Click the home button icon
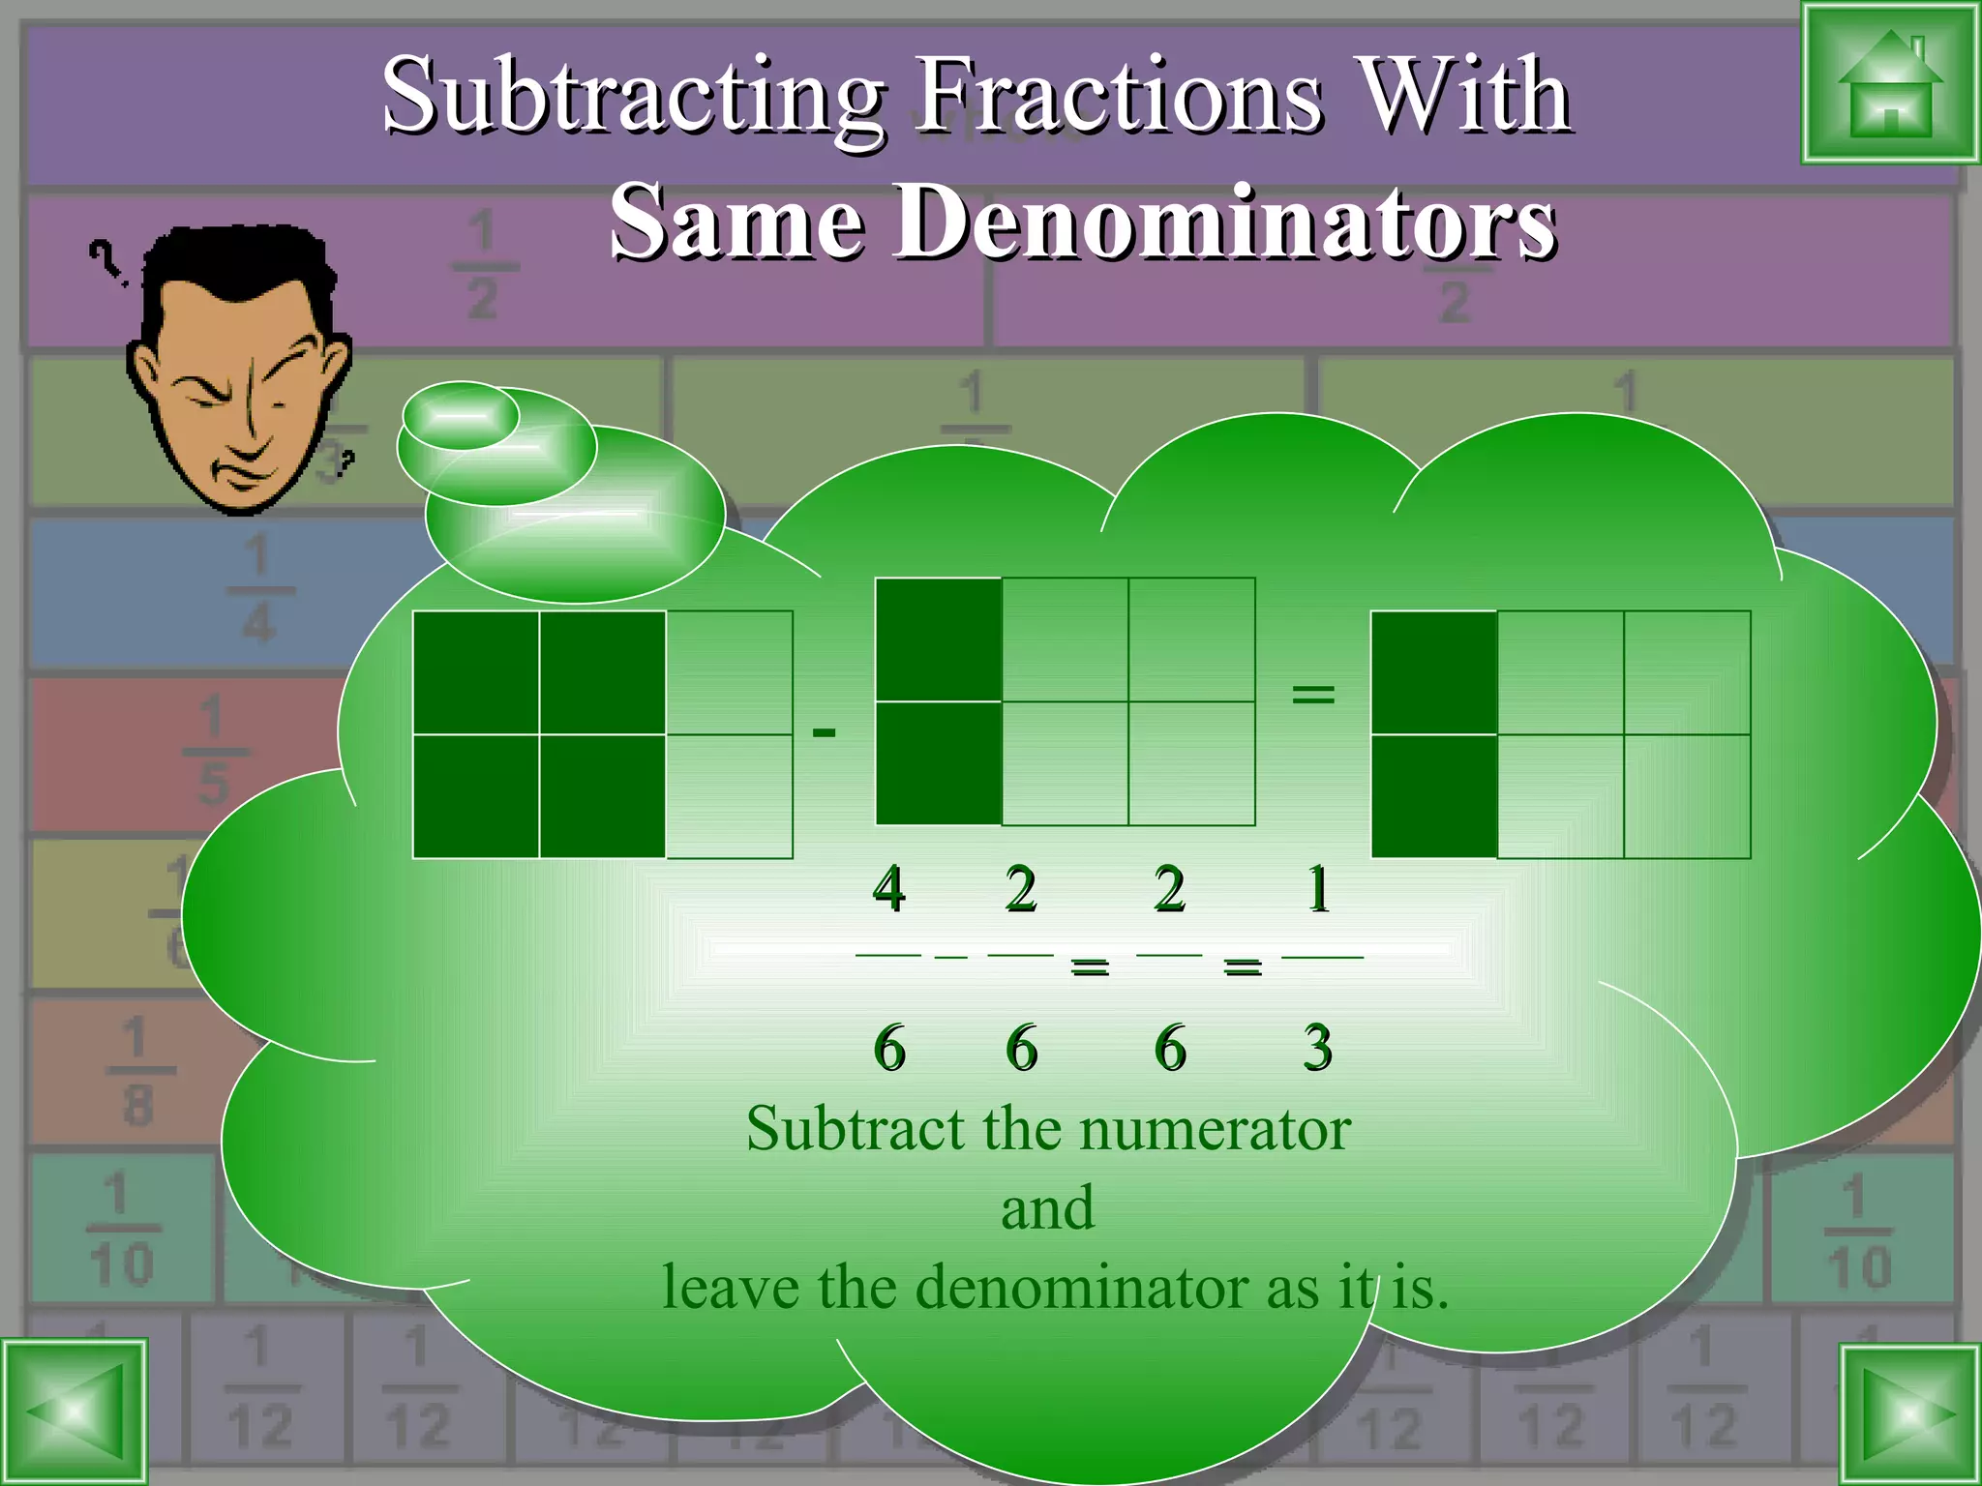tap(1889, 84)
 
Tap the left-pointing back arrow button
tap(75, 1412)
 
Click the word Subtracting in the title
tap(633, 97)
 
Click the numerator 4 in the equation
tap(889, 888)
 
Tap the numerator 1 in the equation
tap(1317, 888)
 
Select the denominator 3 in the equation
tap(1317, 1048)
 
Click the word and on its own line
tap(1048, 1208)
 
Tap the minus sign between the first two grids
tap(824, 732)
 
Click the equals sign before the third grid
tap(1313, 693)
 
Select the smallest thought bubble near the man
tap(461, 415)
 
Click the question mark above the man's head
tap(105, 262)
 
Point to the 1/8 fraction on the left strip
tap(136, 1070)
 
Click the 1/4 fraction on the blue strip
tap(258, 589)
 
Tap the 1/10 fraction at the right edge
tap(1857, 1232)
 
